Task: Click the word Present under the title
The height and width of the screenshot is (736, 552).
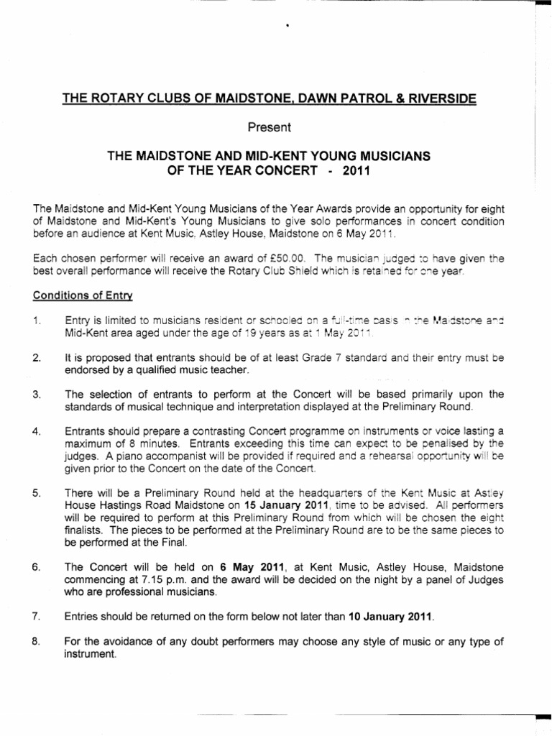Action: (x=270, y=128)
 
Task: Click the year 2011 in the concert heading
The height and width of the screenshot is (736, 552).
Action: (x=358, y=173)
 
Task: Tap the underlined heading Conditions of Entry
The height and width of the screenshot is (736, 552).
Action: (x=83, y=295)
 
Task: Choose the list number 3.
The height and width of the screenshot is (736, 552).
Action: (x=37, y=395)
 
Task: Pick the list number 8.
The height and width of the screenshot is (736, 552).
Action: (x=37, y=641)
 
